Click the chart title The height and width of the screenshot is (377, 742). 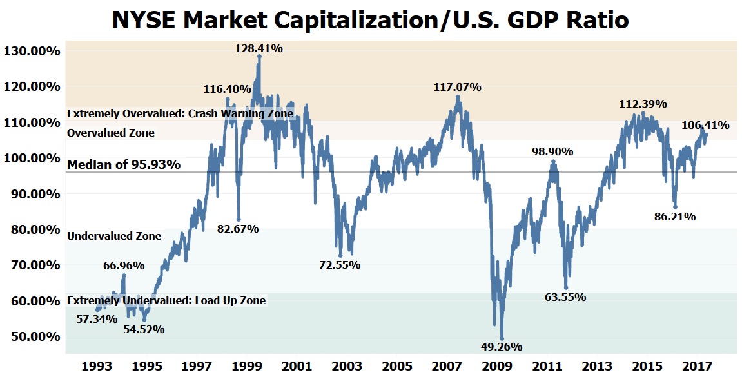pos(371,20)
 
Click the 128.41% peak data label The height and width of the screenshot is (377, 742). pos(259,48)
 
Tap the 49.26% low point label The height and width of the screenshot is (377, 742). pos(501,347)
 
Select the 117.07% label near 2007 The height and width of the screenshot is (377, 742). pos(457,87)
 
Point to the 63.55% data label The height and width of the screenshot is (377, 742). pos(565,297)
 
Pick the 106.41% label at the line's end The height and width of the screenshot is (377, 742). pos(705,126)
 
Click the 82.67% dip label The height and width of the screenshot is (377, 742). pos(238,229)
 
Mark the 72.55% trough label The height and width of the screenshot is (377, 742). pos(340,265)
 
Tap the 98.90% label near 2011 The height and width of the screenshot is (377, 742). pos(552,151)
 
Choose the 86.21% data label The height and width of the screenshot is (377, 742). pos(675,217)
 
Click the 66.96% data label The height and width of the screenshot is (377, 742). pos(124,266)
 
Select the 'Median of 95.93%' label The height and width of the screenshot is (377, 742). pos(124,164)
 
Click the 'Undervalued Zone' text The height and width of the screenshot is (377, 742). pos(114,236)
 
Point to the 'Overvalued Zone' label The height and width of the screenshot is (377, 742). pos(111,133)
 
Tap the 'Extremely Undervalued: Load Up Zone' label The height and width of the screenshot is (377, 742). pos(166,300)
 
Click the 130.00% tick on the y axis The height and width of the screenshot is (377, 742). pos(32,51)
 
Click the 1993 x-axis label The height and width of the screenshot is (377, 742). pos(97,366)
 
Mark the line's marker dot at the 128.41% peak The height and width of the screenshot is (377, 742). pos(259,56)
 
